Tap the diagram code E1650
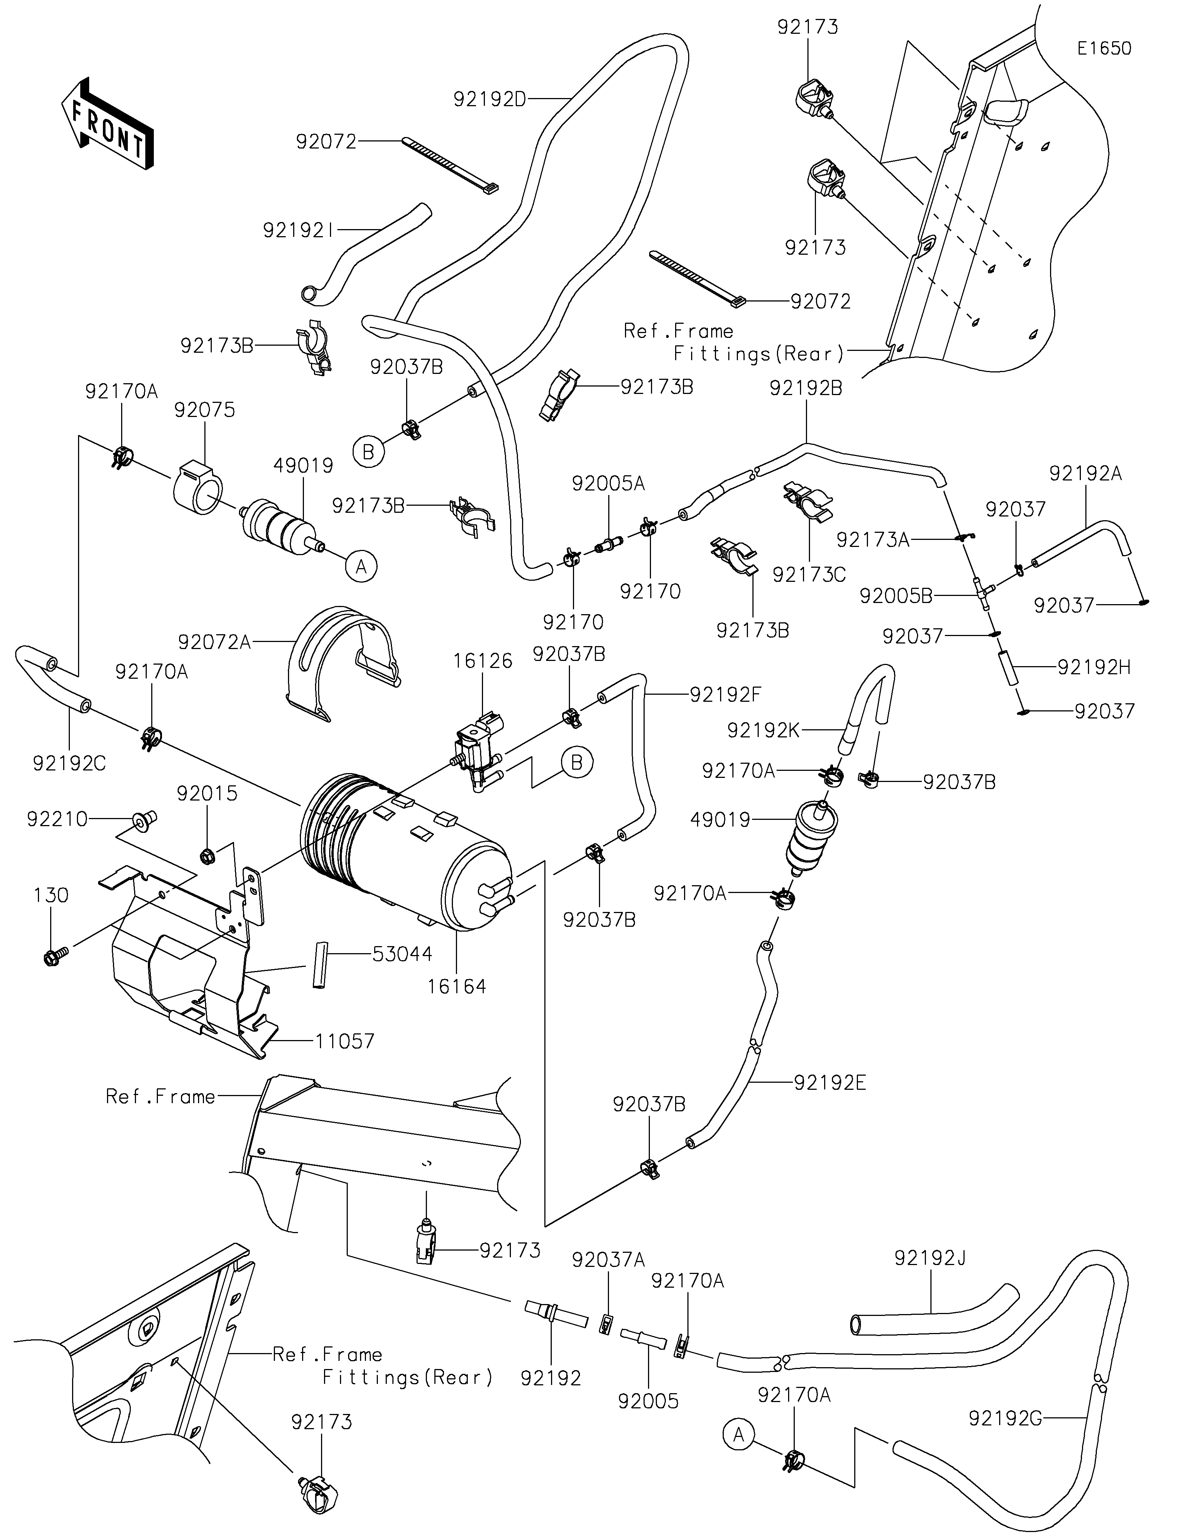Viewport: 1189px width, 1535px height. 1104,49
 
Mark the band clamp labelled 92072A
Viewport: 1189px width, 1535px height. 344,661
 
